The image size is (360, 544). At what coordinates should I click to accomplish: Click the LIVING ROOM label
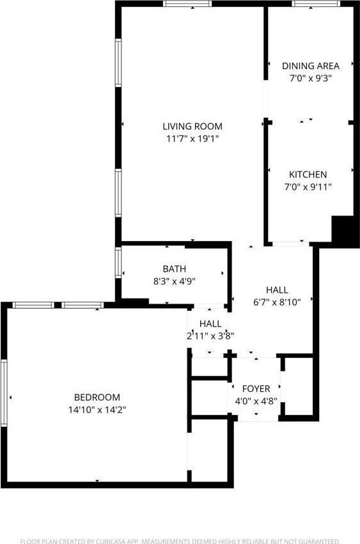point(192,126)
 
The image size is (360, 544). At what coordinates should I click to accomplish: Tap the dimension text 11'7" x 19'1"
point(192,139)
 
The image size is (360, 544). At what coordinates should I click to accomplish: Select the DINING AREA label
point(311,66)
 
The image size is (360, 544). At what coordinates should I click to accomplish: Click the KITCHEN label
point(308,175)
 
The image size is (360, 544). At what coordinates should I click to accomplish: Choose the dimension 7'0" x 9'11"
point(308,187)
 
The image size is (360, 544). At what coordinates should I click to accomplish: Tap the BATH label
point(174,269)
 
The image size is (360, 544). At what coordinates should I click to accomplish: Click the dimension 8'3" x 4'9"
point(174,281)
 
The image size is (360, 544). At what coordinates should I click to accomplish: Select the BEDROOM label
point(97,397)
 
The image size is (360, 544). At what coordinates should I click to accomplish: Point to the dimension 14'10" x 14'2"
point(97,410)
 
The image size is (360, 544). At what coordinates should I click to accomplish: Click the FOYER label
point(256,389)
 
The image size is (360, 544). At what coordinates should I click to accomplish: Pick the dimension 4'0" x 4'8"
point(256,401)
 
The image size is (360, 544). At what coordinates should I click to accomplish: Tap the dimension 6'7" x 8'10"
point(277,302)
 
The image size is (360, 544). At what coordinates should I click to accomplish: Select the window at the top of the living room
point(187,4)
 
